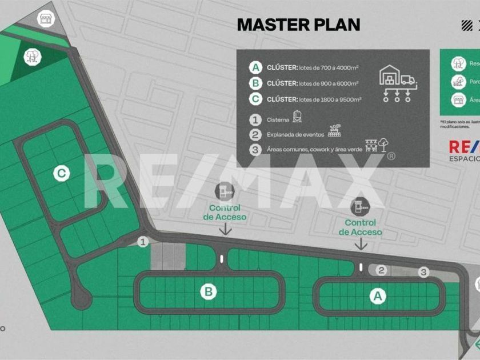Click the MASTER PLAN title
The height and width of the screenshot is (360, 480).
(298, 25)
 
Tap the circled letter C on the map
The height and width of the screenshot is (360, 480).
(62, 173)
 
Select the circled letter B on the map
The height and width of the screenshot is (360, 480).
(209, 292)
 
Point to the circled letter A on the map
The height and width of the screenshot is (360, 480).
(377, 296)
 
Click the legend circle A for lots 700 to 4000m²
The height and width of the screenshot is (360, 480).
(256, 67)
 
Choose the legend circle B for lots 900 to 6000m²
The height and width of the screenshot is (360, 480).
(256, 83)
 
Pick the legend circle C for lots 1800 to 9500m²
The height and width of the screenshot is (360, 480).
(256, 99)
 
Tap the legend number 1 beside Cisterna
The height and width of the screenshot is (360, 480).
(256, 120)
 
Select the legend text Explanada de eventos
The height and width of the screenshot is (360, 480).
(295, 135)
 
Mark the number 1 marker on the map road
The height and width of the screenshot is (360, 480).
(143, 242)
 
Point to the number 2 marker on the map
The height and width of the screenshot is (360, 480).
(382, 270)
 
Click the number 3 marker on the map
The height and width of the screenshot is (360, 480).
(423, 273)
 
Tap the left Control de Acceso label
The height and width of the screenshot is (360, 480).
(225, 213)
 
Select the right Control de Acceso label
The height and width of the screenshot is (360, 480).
(360, 227)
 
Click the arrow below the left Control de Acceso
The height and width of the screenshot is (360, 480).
(226, 229)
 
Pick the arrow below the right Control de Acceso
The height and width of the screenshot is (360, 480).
(361, 244)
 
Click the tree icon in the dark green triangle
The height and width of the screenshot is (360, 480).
(31, 55)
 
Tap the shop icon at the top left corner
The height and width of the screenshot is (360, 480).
(45, 18)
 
